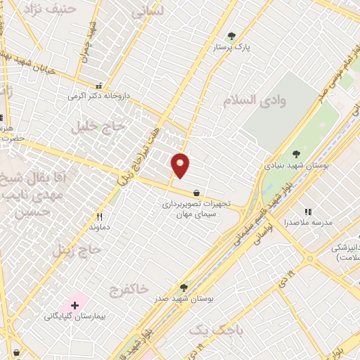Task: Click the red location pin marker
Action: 181,165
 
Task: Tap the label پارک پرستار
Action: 232,47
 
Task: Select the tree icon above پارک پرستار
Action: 232,36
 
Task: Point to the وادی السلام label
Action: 255,101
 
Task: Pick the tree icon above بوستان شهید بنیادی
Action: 296,153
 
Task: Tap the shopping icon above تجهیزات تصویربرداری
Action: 195,193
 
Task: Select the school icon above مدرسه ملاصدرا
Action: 307,211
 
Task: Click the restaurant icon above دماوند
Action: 99,217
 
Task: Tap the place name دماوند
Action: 99,227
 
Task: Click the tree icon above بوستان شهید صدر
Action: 184,287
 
